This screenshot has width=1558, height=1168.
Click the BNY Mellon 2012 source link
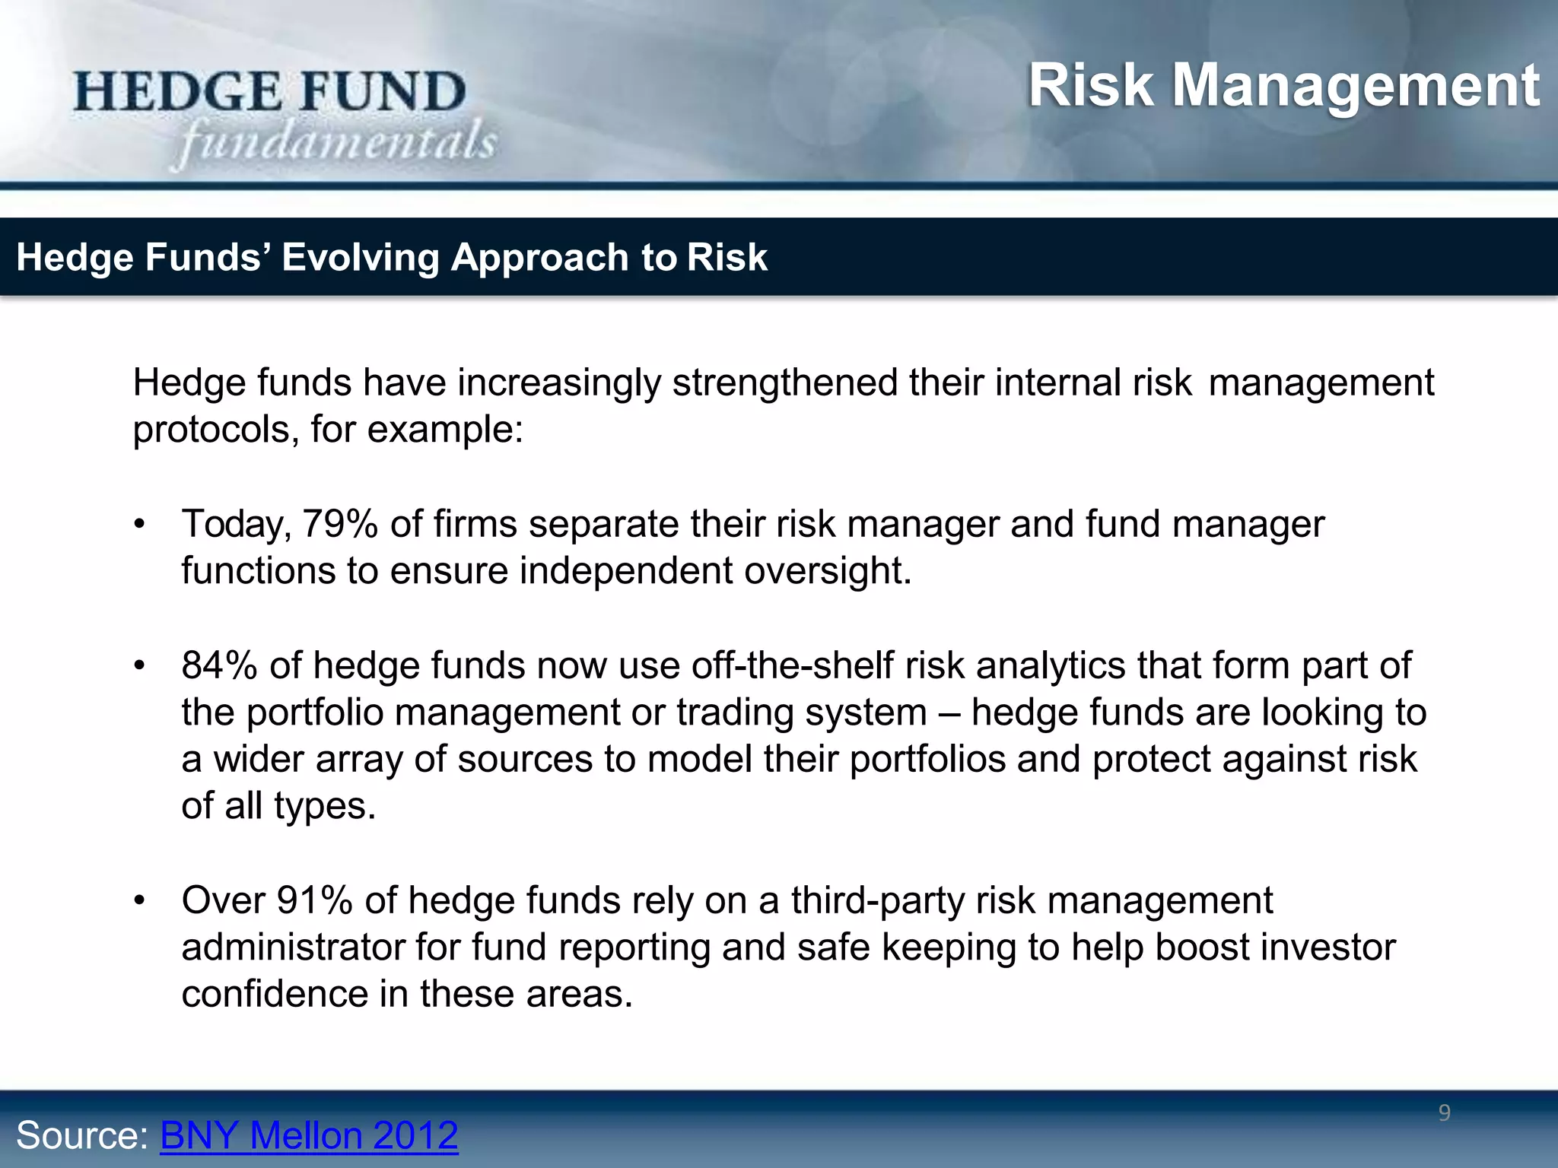(309, 1135)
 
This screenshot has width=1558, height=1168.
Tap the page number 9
(1444, 1113)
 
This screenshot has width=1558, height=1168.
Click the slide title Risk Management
(1283, 85)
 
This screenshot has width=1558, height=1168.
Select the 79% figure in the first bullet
(340, 524)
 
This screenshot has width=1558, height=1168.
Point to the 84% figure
(219, 665)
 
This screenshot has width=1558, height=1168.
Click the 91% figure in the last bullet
(314, 900)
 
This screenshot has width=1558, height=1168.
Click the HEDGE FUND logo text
(270, 91)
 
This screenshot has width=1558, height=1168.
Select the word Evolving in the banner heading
(361, 257)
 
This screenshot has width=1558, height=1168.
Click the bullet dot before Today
(138, 525)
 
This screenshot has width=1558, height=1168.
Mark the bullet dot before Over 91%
(138, 901)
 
